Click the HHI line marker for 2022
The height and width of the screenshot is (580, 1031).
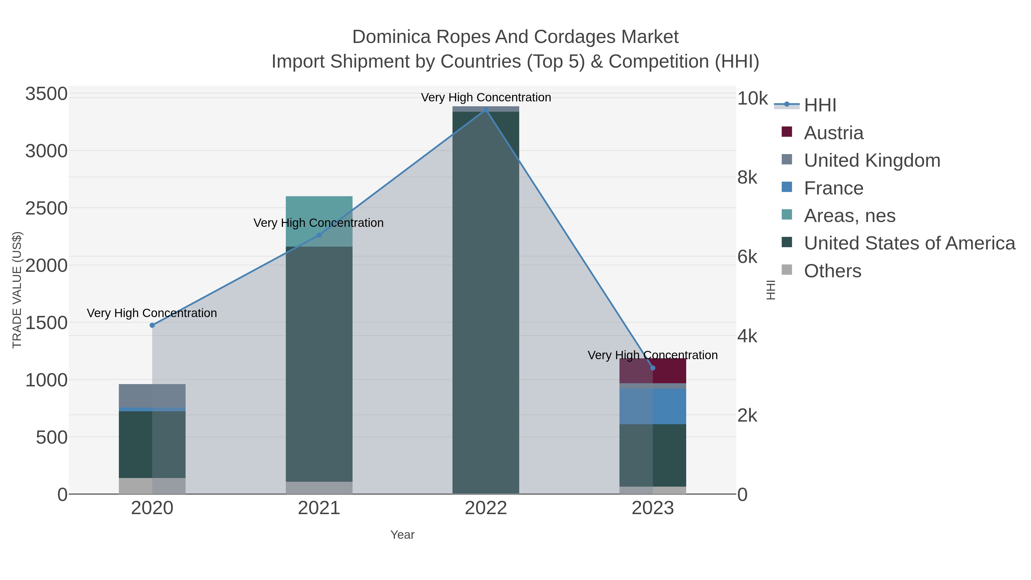486,109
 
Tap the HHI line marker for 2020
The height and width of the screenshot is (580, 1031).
152,325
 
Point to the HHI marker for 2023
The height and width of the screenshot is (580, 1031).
653,368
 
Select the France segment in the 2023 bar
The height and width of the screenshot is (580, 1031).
653,406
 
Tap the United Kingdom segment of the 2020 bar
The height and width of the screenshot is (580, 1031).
152,396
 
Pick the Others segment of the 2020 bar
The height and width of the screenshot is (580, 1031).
152,486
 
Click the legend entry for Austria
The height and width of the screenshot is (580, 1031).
833,133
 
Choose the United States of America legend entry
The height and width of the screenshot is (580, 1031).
909,243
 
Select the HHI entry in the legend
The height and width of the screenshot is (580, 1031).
820,105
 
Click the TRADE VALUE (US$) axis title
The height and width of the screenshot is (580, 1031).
17,290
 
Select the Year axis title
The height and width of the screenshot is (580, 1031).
402,535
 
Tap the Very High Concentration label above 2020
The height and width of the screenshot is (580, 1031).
152,313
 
